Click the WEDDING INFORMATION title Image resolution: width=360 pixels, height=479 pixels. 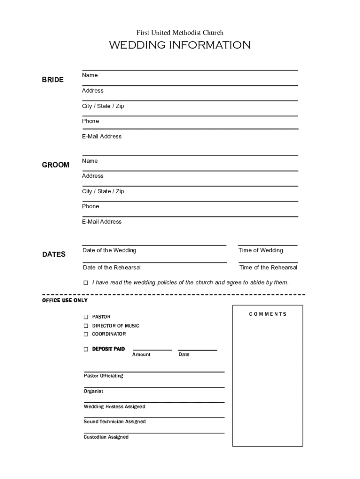[x=180, y=45]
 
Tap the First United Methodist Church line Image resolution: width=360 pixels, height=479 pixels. [x=180, y=33]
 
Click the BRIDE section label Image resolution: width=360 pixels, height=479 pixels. [x=53, y=80]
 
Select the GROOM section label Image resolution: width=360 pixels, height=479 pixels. [x=56, y=165]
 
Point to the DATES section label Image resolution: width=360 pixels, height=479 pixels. [x=54, y=254]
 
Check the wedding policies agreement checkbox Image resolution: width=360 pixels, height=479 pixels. [x=86, y=283]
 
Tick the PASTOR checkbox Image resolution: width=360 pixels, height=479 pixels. [x=86, y=317]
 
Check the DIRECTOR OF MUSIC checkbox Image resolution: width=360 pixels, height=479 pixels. [x=86, y=326]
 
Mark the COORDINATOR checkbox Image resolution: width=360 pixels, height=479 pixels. [x=86, y=334]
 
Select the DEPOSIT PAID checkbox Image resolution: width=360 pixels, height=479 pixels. [x=86, y=349]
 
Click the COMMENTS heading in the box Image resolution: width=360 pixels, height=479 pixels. [x=268, y=314]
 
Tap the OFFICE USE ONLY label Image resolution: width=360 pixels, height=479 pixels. [x=65, y=300]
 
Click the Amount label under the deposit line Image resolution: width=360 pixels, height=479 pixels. [x=141, y=355]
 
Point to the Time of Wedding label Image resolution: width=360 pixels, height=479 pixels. [x=261, y=250]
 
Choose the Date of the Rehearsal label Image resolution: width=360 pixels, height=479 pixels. [x=112, y=268]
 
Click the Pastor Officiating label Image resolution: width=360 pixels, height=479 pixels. [x=103, y=376]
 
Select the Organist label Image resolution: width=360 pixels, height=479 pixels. [x=94, y=391]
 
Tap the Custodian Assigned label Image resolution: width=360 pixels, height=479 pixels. [x=106, y=437]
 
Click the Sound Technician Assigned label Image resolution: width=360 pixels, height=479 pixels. [x=115, y=421]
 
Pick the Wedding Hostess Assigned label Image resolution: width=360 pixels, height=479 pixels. [x=115, y=406]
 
